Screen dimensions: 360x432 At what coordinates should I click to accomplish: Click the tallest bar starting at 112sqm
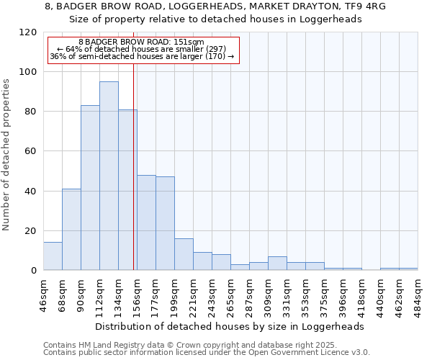[109, 176]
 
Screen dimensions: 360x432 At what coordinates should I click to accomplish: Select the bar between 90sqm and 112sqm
[90, 188]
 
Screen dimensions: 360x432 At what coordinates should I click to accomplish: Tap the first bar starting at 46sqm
[53, 256]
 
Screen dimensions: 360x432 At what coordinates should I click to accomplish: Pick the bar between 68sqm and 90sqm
[71, 230]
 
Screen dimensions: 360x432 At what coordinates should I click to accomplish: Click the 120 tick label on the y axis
[28, 32]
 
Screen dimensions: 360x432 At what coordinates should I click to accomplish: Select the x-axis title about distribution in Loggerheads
[230, 326]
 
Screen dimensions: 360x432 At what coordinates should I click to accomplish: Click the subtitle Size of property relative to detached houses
[215, 19]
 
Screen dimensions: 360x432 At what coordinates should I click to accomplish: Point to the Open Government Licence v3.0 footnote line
[207, 352]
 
